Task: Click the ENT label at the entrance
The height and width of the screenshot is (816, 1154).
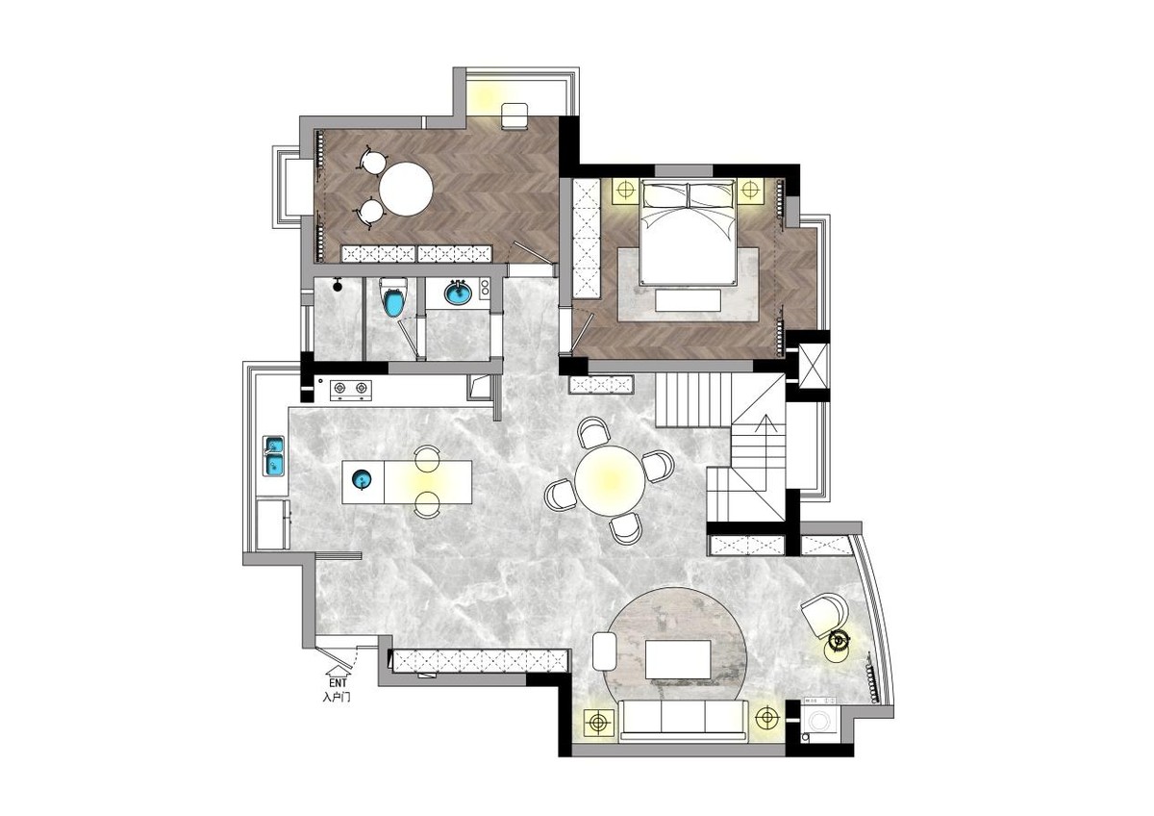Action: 338,682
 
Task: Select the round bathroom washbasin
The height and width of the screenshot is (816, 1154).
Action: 458,293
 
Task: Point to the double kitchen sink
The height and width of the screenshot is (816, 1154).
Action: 273,456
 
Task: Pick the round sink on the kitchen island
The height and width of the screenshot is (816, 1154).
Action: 364,480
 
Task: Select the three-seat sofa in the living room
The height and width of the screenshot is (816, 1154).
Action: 684,720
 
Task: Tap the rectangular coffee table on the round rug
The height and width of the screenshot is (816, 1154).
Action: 678,660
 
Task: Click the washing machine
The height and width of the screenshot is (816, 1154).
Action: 821,720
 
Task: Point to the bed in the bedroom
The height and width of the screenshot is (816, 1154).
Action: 688,232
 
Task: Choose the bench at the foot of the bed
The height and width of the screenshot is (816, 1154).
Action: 688,300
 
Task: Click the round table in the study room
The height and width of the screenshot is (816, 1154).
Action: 406,190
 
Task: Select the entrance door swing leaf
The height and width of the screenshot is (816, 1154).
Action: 335,658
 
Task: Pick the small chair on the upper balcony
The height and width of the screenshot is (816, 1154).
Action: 514,116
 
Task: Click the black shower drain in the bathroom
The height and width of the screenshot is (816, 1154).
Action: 338,286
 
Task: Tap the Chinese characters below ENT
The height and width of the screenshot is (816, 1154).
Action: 337,698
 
